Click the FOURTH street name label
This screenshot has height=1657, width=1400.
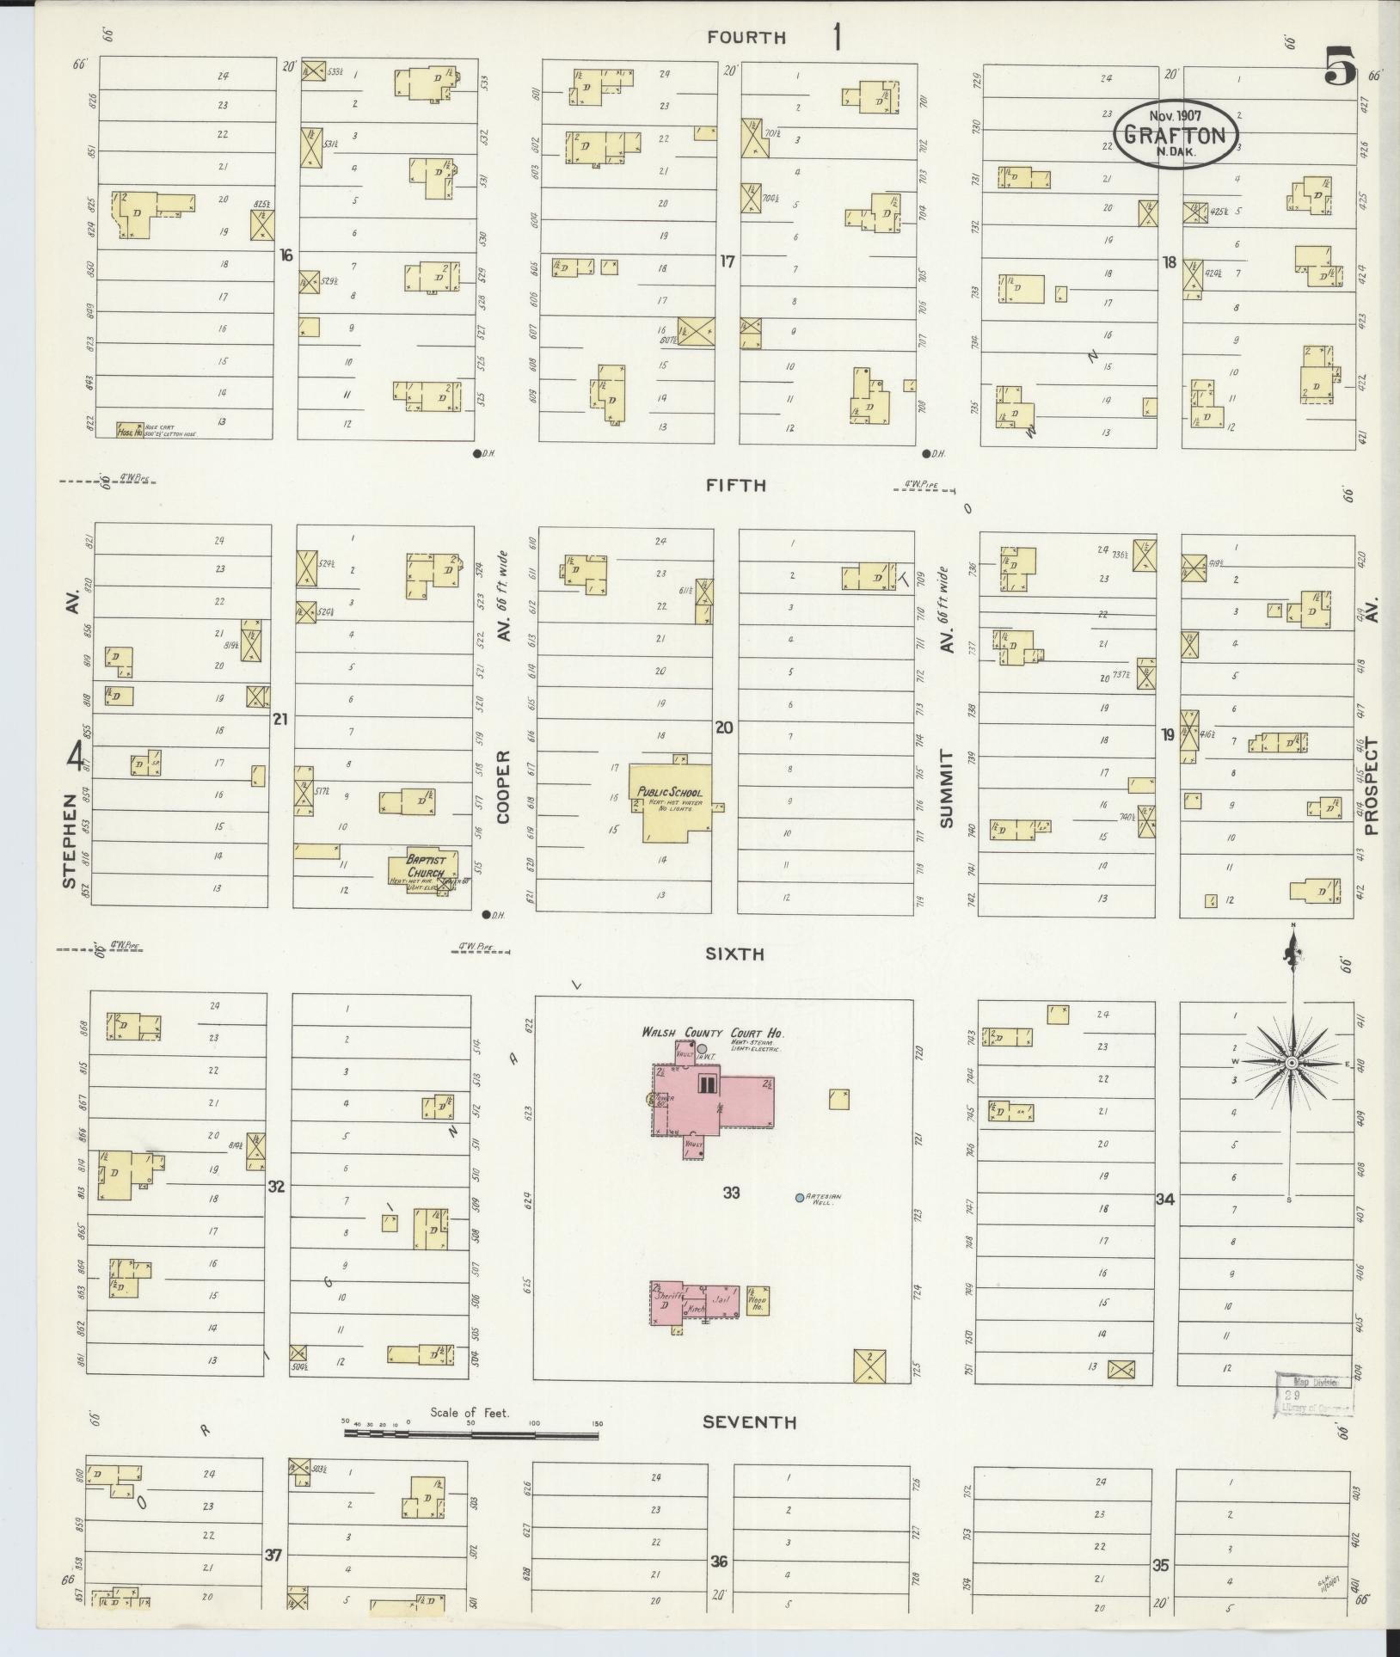[746, 38]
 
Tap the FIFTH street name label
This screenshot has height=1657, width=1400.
[735, 485]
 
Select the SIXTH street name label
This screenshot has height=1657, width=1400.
[735, 954]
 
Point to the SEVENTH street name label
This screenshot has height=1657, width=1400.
[749, 1423]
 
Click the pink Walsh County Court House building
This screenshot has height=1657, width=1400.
[714, 1101]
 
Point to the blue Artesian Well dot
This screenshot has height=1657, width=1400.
[800, 1197]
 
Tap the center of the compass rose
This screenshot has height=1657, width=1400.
[1291, 1065]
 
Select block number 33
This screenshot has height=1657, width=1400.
[731, 1193]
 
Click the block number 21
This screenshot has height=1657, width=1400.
[279, 719]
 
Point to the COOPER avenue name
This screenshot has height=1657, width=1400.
[503, 787]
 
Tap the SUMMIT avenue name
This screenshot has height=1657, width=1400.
[947, 788]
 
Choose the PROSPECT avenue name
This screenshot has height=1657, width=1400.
[1370, 787]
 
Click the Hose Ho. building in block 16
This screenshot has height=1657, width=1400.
[130, 429]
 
